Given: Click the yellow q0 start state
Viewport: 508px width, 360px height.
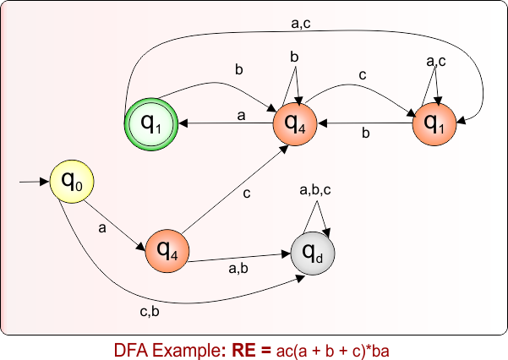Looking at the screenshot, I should tap(71, 180).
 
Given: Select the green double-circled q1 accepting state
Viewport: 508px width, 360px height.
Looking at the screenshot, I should tap(150, 123).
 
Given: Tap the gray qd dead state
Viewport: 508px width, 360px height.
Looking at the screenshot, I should tap(312, 251).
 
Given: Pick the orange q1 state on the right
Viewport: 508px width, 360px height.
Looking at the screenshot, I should tap(434, 123).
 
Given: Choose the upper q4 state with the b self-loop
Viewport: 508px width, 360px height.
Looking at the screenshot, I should tap(295, 123).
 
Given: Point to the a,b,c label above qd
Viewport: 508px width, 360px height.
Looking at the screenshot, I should tap(315, 192).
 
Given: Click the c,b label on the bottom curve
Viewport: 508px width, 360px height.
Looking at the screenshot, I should tap(150, 313).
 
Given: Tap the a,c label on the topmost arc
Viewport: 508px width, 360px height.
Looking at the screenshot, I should tap(302, 25).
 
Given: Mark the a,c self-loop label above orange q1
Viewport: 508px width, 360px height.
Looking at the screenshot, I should tap(436, 62).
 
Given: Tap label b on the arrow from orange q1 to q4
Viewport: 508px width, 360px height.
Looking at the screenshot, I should tap(366, 134).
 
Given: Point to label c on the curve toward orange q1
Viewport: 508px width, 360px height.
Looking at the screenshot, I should tap(363, 75).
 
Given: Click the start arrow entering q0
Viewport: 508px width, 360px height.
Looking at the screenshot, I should tap(34, 181).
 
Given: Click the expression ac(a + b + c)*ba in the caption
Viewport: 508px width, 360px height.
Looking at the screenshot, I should tap(331, 348).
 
